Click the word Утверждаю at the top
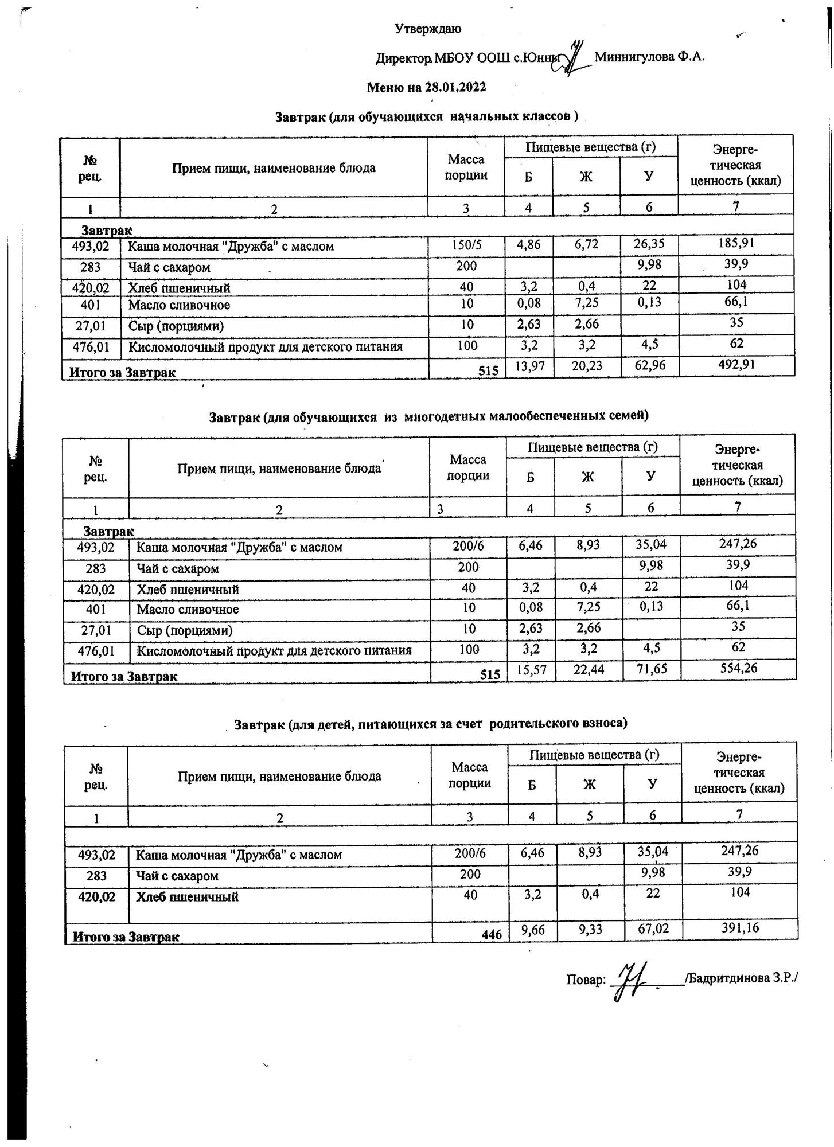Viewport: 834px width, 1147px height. [x=427, y=29]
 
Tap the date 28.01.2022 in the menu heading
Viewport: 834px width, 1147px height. [x=455, y=87]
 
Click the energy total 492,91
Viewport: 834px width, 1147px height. [x=736, y=365]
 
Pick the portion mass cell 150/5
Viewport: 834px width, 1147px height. [x=466, y=246]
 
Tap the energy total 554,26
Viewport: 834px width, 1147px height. [x=738, y=668]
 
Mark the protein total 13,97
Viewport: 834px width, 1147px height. [x=529, y=365]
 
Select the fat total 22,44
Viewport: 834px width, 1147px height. [x=589, y=668]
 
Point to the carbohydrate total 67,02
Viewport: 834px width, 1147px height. [x=653, y=927]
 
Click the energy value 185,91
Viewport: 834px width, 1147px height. [x=736, y=243]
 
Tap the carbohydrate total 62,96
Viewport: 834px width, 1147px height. [x=650, y=365]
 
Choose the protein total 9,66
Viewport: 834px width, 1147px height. [x=533, y=927]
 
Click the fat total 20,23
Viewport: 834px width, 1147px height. [x=587, y=365]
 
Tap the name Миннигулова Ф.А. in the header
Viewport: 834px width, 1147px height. [x=649, y=57]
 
